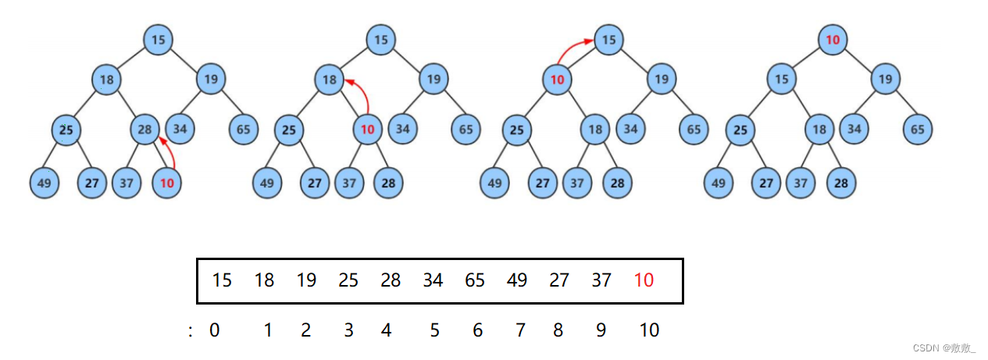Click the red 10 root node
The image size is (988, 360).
833,39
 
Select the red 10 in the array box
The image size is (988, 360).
644,280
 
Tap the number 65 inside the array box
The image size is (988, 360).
475,280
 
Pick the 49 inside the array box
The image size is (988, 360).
517,280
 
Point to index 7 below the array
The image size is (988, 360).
520,330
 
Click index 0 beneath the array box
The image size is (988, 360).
215,330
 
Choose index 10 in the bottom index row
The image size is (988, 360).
649,330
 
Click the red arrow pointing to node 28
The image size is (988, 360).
170,153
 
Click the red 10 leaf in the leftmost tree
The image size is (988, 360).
166,184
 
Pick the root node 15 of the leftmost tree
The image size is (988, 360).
158,39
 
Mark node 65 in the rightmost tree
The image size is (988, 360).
918,129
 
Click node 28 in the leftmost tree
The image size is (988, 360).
144,129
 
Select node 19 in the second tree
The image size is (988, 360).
433,79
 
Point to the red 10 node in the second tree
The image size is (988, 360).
368,129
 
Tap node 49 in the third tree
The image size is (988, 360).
494,184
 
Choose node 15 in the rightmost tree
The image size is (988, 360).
781,79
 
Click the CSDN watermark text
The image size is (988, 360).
944,348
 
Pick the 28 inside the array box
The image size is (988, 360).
391,280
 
